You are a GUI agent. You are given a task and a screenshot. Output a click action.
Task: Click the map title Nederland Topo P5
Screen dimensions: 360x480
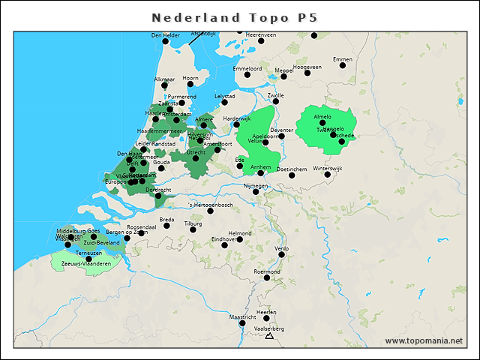pyautogui.click(x=239, y=16)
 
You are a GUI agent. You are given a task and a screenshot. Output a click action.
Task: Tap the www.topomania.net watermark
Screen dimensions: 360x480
pyautogui.click(x=424, y=341)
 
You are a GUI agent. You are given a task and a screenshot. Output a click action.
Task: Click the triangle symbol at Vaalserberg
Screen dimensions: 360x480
pyautogui.click(x=269, y=336)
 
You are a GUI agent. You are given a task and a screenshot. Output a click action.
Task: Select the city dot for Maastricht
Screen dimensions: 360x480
pyautogui.click(x=241, y=324)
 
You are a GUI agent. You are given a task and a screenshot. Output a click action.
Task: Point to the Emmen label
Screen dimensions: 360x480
pyautogui.click(x=342, y=59)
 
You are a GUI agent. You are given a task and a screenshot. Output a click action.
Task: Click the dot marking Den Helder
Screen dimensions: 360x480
pyautogui.click(x=166, y=41)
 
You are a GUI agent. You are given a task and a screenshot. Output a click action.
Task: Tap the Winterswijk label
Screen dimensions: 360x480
pyautogui.click(x=327, y=169)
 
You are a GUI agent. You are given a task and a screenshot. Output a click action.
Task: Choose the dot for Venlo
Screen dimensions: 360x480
pyautogui.click(x=282, y=253)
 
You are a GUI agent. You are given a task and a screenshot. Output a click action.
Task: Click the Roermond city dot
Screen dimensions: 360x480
pyautogui.click(x=267, y=277)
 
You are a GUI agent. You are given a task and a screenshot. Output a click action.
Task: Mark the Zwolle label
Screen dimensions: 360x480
pyautogui.click(x=276, y=96)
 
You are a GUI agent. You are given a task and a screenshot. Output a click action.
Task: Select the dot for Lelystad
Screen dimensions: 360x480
pyautogui.click(x=223, y=103)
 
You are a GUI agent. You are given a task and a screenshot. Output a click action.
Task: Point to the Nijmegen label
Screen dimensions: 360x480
pyautogui.click(x=256, y=185)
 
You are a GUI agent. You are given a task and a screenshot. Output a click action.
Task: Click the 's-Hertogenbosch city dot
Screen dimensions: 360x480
pyautogui.click(x=210, y=211)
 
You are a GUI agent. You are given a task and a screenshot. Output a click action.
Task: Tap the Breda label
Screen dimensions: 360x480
pyautogui.click(x=167, y=220)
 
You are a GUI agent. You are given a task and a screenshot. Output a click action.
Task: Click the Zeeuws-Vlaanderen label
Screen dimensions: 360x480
pyautogui.click(x=86, y=264)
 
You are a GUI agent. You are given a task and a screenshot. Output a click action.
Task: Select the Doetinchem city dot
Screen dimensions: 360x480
pyautogui.click(x=292, y=175)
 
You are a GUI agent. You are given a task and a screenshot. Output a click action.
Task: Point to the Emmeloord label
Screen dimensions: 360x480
pyautogui.click(x=247, y=68)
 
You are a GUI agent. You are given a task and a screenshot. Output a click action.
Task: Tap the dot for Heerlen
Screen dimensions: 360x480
pyautogui.click(x=266, y=318)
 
